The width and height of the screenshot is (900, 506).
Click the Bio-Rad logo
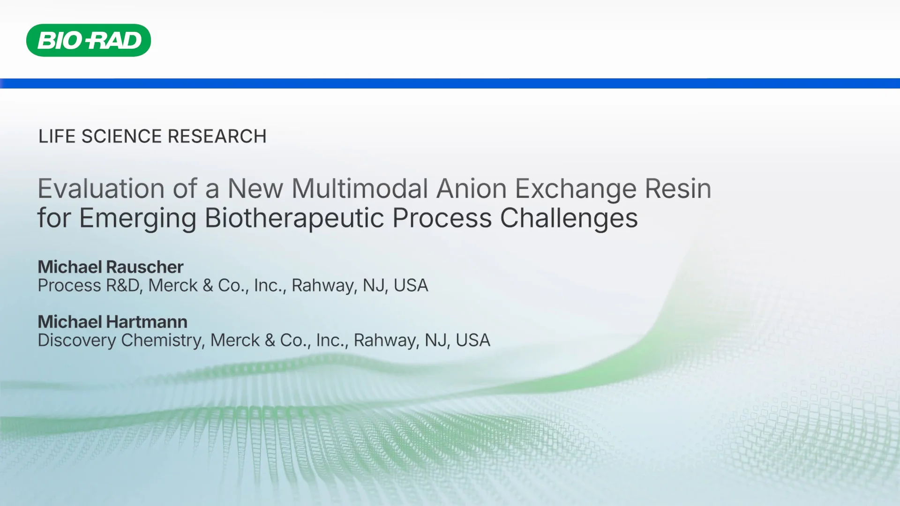point(89,40)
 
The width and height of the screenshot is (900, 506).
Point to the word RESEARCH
point(217,136)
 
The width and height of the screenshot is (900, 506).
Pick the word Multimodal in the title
point(360,189)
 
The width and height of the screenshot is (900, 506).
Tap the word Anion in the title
point(471,189)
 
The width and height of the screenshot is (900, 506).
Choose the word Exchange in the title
point(576,190)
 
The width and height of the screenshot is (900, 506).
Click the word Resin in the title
point(678,189)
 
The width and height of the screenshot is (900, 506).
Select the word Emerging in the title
point(138,219)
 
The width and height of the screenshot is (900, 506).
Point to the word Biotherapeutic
point(294,218)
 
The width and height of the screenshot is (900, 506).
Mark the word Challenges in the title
point(569,218)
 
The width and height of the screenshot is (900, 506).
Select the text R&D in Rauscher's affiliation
point(123,285)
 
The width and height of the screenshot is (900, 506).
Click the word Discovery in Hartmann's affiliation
point(77,341)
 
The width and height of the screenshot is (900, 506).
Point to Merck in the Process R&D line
point(173,285)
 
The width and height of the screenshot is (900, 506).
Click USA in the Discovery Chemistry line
point(472,341)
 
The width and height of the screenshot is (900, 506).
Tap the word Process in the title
point(442,218)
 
